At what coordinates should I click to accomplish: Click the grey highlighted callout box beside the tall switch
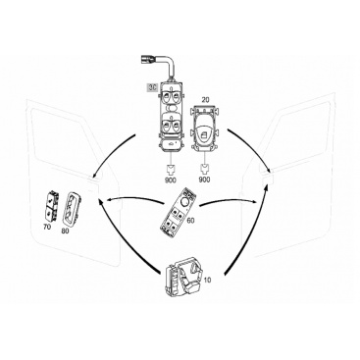152,87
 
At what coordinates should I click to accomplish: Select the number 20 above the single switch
205,100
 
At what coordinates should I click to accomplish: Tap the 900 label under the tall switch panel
171,180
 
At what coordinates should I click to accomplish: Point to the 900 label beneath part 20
205,180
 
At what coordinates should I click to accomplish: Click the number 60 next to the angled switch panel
190,221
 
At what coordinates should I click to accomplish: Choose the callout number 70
47,227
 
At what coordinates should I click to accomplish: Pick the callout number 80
65,231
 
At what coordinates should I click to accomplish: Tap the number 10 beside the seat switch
207,280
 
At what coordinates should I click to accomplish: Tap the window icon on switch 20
203,132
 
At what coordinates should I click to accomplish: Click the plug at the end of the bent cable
146,60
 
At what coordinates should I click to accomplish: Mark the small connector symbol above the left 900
171,170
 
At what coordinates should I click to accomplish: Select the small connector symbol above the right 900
205,170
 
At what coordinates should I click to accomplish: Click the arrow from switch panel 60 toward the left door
134,199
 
